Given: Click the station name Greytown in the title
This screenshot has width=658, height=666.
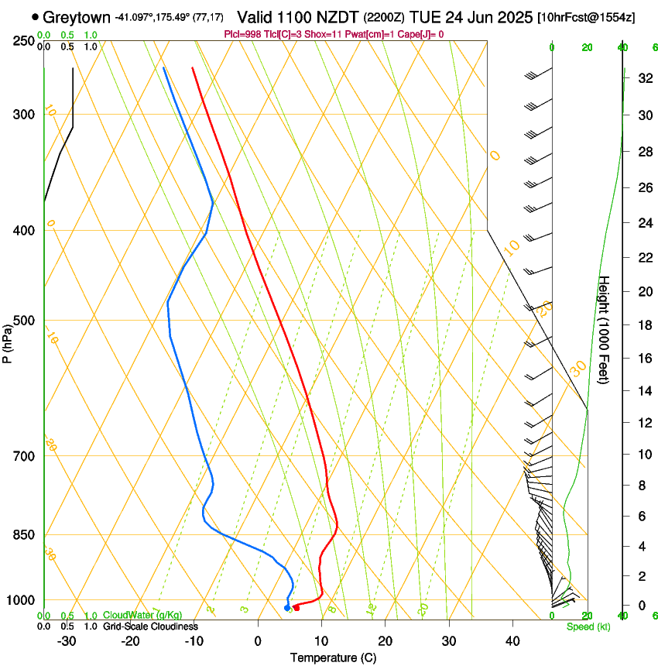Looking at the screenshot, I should (77, 17).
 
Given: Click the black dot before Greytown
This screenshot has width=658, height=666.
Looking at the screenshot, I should (36, 16).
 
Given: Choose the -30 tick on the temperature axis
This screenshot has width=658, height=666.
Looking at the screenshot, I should (67, 640).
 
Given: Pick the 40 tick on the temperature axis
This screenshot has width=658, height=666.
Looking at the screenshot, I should (512, 640).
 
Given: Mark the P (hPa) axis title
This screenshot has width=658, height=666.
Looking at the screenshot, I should (9, 341).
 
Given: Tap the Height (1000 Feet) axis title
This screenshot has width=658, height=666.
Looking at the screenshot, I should (605, 329).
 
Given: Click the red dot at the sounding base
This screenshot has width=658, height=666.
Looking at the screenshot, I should (296, 607).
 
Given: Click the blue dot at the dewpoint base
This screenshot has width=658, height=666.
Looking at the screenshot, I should (287, 608).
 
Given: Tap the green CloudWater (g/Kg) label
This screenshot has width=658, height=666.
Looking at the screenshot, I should (142, 616).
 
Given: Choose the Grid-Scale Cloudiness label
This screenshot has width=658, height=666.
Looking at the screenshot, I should (150, 626).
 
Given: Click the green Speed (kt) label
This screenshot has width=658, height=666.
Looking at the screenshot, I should (588, 626).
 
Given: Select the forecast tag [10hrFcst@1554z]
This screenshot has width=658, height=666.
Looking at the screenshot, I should (586, 17).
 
